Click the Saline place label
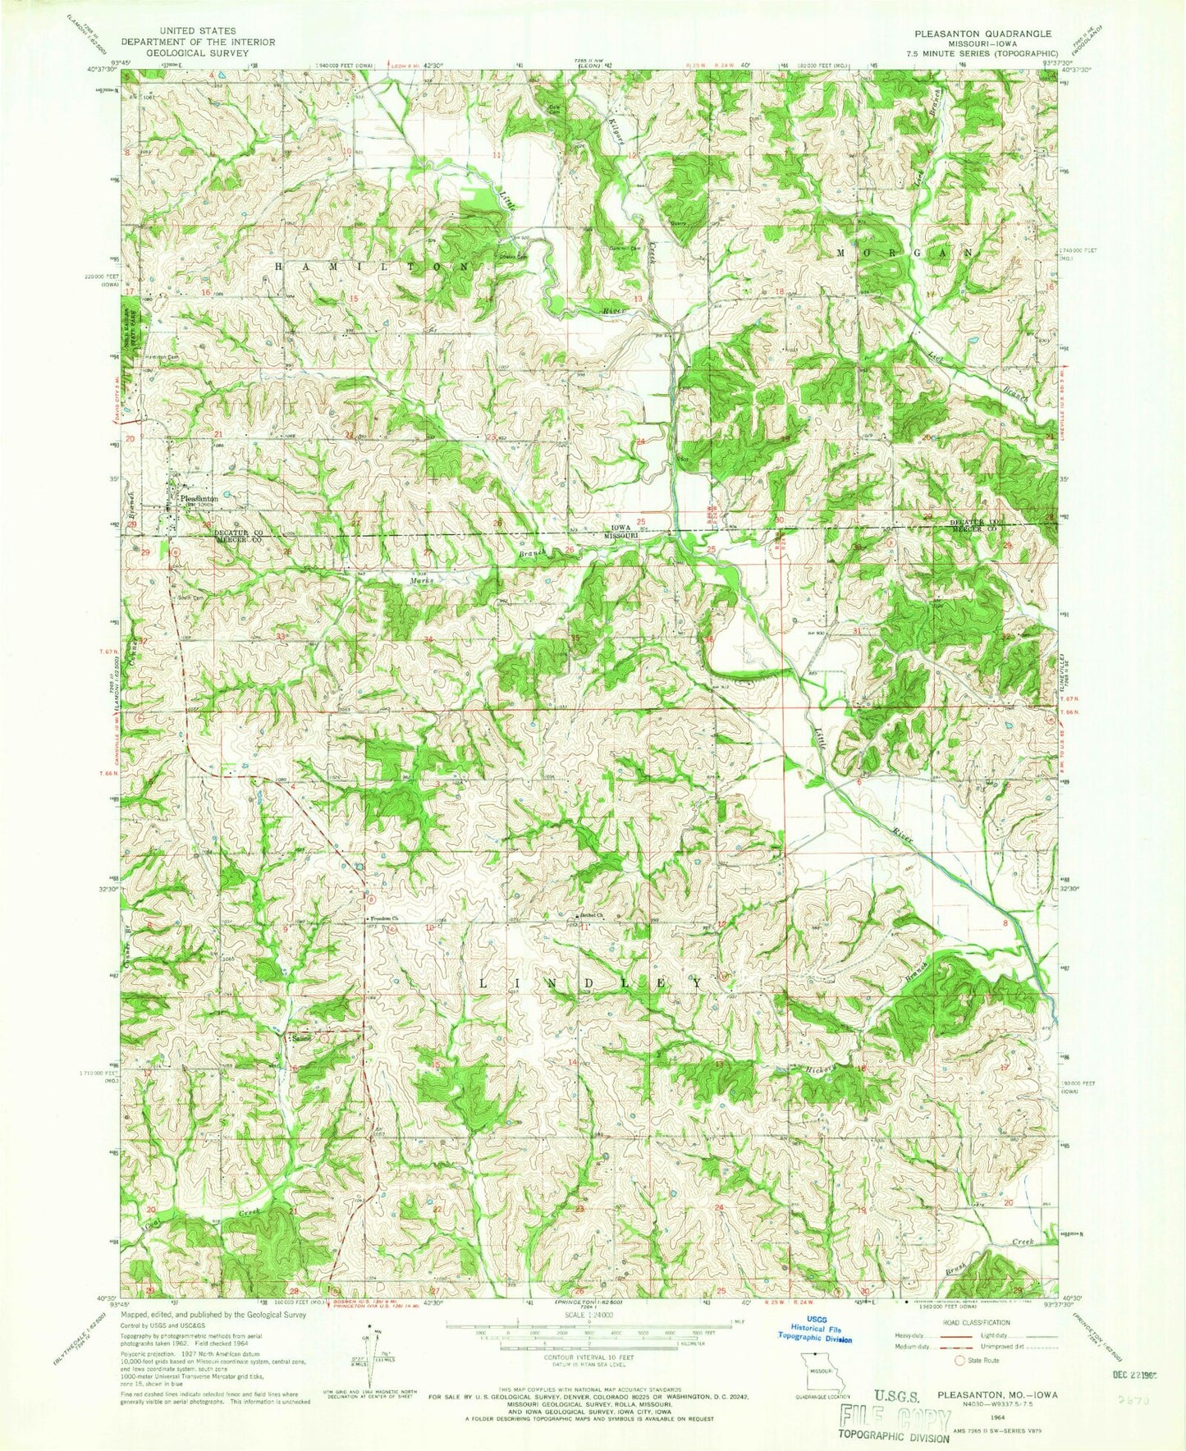pos(301,1039)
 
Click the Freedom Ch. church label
pos(382,918)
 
